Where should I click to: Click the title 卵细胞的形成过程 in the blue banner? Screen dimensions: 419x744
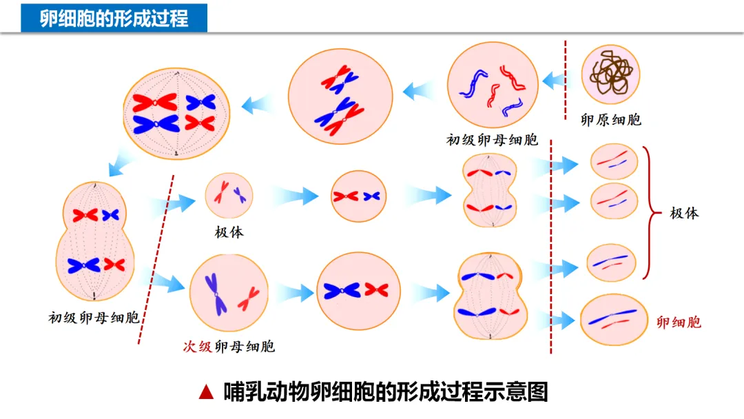click(114, 17)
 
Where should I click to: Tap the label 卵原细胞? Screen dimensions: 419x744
click(610, 120)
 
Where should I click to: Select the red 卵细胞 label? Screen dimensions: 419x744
click(679, 322)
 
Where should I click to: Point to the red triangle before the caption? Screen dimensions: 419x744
click(205, 392)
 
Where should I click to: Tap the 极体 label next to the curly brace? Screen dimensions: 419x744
click(684, 213)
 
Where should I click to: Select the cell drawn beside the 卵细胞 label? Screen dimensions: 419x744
click(613, 319)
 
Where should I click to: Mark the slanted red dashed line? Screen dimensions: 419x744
click(156, 258)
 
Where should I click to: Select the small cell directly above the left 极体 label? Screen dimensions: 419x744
click(229, 195)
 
